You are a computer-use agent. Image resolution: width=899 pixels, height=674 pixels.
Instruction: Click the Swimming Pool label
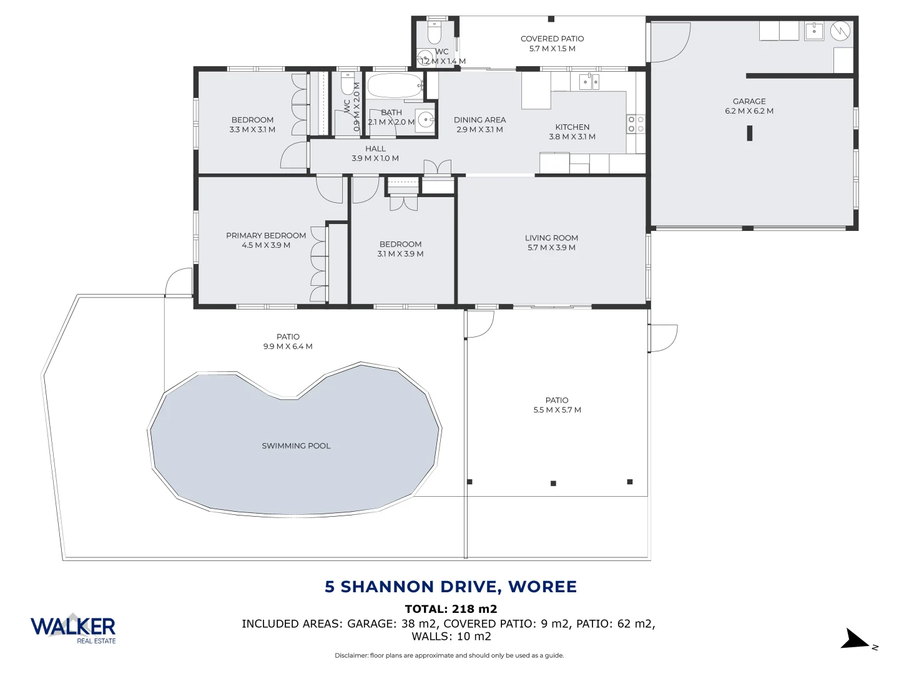(296, 446)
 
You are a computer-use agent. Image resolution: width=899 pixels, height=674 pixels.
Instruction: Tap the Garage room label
(749, 101)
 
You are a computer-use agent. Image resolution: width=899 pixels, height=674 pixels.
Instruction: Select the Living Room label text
(551, 238)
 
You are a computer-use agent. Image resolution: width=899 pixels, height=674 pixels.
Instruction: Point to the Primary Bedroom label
(266, 235)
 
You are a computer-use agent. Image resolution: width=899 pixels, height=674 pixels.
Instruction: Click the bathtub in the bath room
(394, 86)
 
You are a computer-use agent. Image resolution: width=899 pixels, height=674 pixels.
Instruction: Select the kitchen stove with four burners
(636, 124)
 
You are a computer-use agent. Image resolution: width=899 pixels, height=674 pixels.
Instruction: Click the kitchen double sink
(589, 81)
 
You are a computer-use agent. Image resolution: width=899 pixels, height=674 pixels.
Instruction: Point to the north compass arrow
(855, 640)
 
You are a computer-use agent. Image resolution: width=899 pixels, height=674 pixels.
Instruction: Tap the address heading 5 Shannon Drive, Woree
(450, 587)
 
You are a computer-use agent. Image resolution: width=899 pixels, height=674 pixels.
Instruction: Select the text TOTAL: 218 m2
(451, 609)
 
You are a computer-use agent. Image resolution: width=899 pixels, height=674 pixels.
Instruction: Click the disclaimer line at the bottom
(449, 655)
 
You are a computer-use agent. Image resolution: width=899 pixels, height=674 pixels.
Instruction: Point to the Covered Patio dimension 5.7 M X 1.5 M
(552, 49)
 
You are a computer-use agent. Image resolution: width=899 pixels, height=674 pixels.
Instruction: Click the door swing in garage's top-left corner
(669, 42)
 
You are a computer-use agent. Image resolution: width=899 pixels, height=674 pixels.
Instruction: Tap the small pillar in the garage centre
(749, 133)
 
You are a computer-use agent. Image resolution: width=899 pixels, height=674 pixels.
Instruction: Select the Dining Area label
(479, 120)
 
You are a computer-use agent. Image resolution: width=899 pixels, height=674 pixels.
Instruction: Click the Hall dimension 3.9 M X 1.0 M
(375, 159)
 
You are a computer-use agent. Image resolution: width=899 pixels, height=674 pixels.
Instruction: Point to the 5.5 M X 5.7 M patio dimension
(557, 410)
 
